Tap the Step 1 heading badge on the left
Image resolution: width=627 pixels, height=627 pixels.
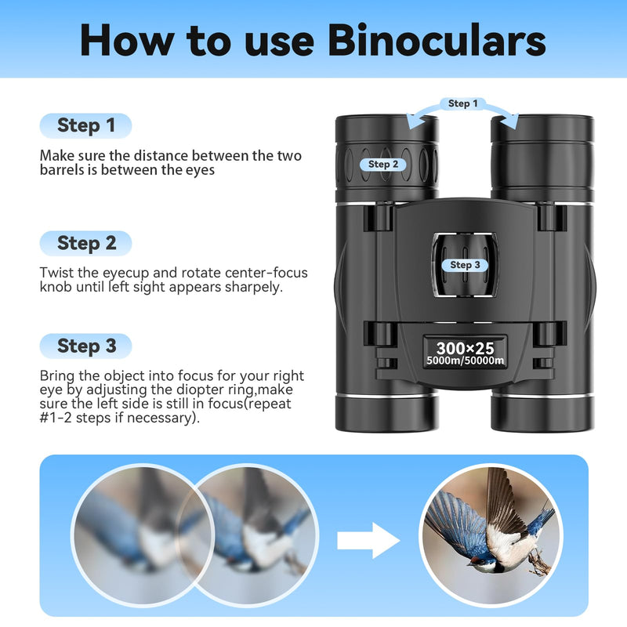point(86,125)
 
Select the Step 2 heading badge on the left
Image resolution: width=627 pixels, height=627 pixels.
point(86,243)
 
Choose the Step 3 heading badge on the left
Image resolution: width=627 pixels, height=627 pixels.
point(86,346)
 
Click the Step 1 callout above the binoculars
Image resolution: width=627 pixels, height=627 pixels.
point(459,103)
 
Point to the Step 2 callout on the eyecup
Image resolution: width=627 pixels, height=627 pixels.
point(383,164)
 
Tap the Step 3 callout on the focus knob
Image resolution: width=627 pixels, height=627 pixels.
point(466,265)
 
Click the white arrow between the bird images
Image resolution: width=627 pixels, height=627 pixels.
point(368,541)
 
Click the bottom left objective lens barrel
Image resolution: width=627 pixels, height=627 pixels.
point(386,411)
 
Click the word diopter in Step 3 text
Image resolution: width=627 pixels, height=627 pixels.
point(194,390)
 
